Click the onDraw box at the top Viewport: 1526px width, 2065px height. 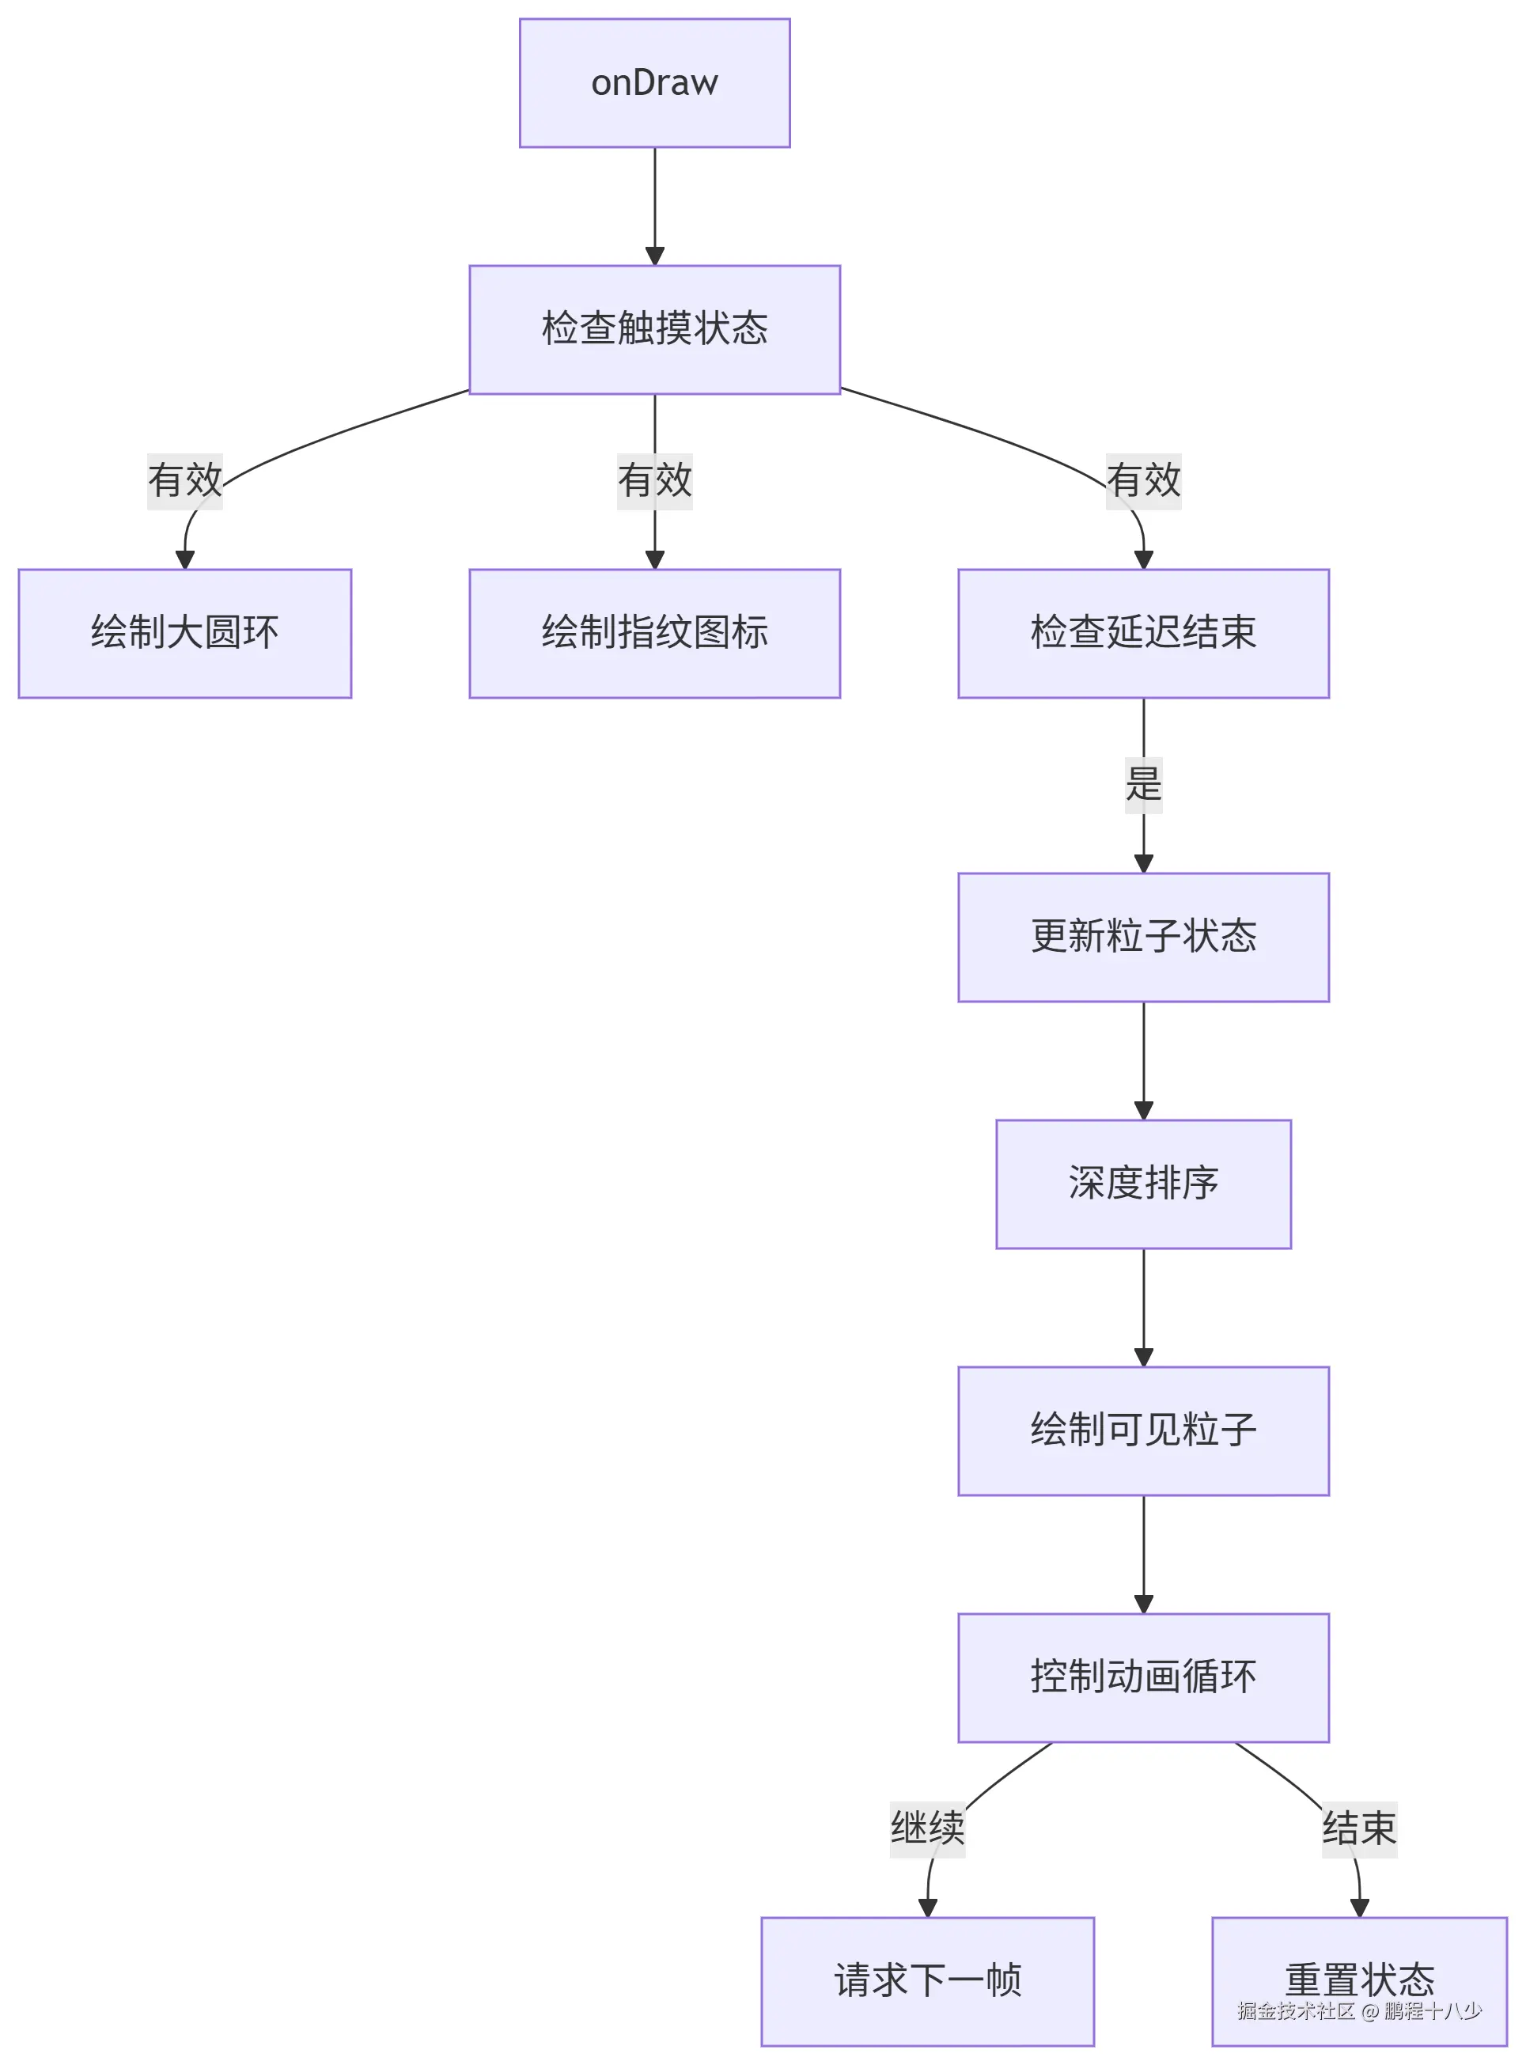coord(654,83)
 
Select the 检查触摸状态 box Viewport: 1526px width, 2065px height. coord(654,329)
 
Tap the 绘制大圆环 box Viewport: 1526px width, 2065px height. coord(185,633)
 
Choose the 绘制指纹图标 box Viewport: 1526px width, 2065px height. coord(654,633)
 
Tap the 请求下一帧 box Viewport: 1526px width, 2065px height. coord(927,1981)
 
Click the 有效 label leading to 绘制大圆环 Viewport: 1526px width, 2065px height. coord(185,480)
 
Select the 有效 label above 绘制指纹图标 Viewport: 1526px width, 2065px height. coord(654,480)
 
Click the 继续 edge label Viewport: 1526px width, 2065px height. coord(927,1828)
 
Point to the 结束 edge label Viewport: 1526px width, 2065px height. coord(1359,1828)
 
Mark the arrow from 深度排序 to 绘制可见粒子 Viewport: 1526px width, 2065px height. coord(1144,1306)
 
